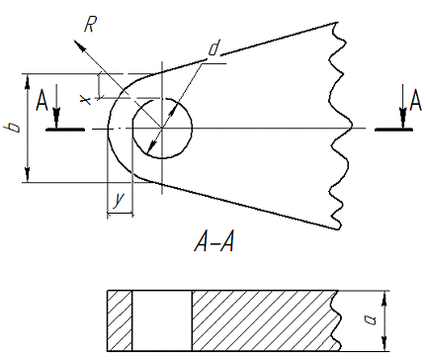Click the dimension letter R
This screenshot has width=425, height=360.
coord(90,24)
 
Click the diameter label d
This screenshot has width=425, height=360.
coord(213,47)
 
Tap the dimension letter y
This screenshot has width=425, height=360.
coord(119,200)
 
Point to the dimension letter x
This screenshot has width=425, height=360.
coord(86,100)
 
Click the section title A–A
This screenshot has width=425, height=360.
coord(214,243)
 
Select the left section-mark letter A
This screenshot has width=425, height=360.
coord(42,101)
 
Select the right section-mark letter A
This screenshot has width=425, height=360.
coord(415,101)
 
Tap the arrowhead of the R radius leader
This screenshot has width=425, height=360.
coord(78,45)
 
